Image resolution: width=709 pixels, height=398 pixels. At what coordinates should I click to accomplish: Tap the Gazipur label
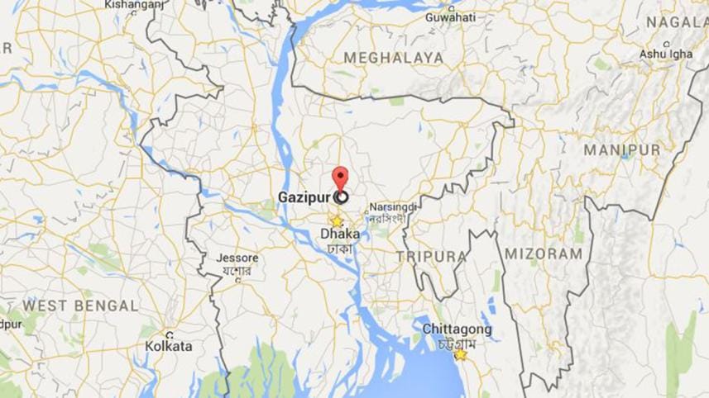[x=304, y=198]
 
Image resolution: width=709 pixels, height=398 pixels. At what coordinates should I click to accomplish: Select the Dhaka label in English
[x=340, y=235]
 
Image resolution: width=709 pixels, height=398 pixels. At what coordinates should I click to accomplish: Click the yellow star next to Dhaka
[x=336, y=221]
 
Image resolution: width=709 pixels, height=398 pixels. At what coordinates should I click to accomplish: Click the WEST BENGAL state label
[x=79, y=306]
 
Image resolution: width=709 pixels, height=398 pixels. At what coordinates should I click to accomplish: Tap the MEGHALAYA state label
[x=393, y=58]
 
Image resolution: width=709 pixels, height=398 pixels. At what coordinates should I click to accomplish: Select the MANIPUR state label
[x=622, y=149]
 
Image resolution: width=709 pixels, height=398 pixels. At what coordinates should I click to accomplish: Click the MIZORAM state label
[x=544, y=253]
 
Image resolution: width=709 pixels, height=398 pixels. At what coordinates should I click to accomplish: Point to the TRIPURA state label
[x=431, y=257]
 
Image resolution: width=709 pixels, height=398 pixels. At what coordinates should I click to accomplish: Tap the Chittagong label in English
[x=457, y=329]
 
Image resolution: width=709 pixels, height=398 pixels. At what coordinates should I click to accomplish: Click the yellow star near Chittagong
[x=460, y=354]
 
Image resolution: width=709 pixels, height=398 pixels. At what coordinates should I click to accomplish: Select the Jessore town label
[x=237, y=258]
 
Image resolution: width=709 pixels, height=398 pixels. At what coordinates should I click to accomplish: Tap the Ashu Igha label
[x=665, y=54]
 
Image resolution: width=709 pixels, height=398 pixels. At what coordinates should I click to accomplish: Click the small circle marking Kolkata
[x=169, y=334]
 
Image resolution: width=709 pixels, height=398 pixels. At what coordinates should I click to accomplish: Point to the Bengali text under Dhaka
[x=340, y=248]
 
